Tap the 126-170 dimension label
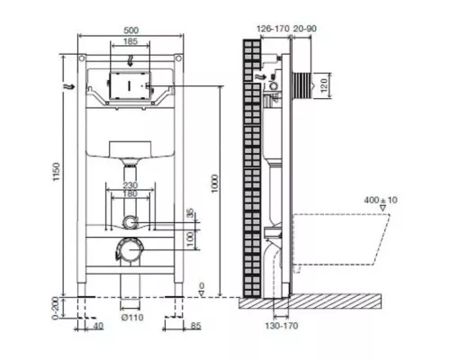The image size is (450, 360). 268,29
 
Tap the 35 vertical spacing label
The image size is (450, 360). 189,213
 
